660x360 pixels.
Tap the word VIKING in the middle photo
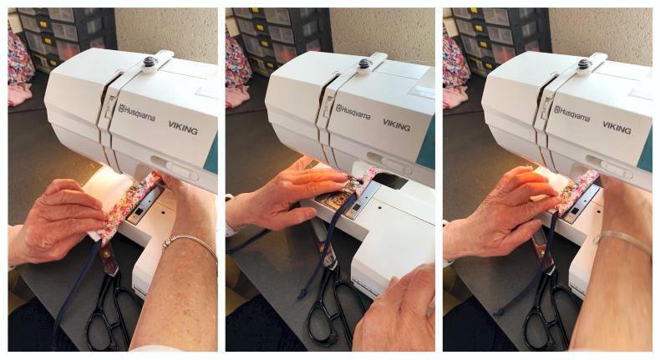(x=397, y=125)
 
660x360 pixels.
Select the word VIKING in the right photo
(x=617, y=128)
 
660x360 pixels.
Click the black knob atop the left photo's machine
(x=150, y=62)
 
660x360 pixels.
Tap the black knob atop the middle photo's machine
(x=364, y=63)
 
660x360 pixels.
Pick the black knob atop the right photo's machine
(x=584, y=64)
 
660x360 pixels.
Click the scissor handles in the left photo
(x=110, y=312)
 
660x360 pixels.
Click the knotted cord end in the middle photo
(x=302, y=293)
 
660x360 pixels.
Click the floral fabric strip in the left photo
(x=125, y=208)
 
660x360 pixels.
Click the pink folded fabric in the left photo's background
(x=20, y=94)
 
